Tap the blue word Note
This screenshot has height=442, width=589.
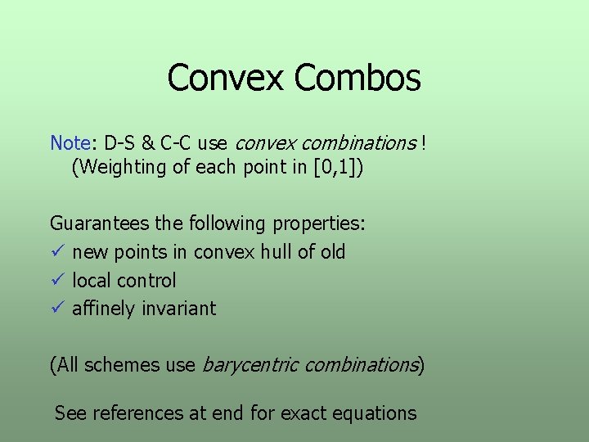coord(70,143)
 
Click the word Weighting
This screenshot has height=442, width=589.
coord(115,169)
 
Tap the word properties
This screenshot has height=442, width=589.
coord(319,223)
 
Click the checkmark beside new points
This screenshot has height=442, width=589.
coord(56,251)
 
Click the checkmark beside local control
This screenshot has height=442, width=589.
coord(56,280)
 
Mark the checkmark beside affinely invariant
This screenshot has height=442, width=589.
coord(56,309)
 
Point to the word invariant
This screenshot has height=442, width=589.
coord(178,309)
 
